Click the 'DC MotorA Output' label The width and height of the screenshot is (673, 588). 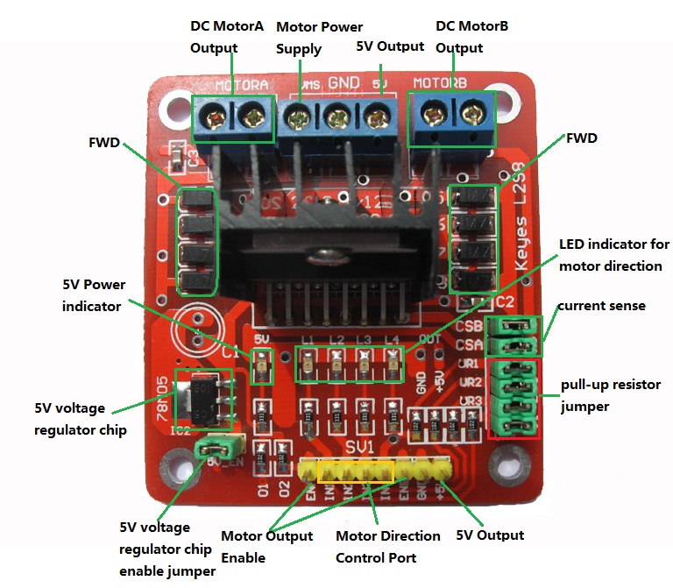pyautogui.click(x=226, y=37)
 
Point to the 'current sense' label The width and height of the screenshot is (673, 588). pyautogui.click(x=601, y=306)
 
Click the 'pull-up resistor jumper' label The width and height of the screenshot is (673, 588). pyautogui.click(x=610, y=396)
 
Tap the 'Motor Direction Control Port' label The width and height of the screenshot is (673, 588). pyautogui.click(x=388, y=546)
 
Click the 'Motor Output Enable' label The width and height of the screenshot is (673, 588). pyautogui.click(x=266, y=546)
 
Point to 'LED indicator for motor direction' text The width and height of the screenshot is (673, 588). pyautogui.click(x=613, y=254)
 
